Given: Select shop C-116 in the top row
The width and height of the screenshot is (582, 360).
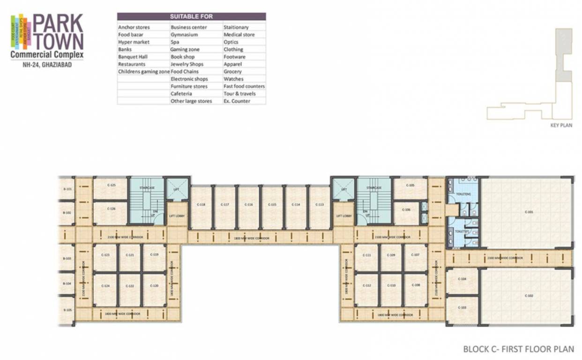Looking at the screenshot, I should (248, 205).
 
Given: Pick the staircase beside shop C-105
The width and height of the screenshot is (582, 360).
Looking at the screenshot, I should (373, 201).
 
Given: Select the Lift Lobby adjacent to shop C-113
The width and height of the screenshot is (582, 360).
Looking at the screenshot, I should (343, 216).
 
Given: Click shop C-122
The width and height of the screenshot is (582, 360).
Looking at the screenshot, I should (130, 286).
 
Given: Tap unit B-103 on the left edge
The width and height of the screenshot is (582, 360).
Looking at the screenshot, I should (66, 258).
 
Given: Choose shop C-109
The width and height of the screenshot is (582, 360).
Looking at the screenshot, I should (391, 255).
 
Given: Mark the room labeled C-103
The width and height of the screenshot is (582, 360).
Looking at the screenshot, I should (462, 308).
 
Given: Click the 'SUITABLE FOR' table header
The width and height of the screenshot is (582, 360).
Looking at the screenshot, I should (191, 16).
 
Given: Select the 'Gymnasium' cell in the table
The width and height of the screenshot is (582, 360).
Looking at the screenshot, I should (184, 35).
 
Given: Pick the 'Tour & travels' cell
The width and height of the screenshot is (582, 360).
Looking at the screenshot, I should (239, 94).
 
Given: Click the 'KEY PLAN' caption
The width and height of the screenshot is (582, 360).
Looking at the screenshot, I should (561, 126).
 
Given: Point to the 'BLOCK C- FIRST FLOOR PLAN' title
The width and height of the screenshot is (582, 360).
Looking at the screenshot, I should (518, 349).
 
